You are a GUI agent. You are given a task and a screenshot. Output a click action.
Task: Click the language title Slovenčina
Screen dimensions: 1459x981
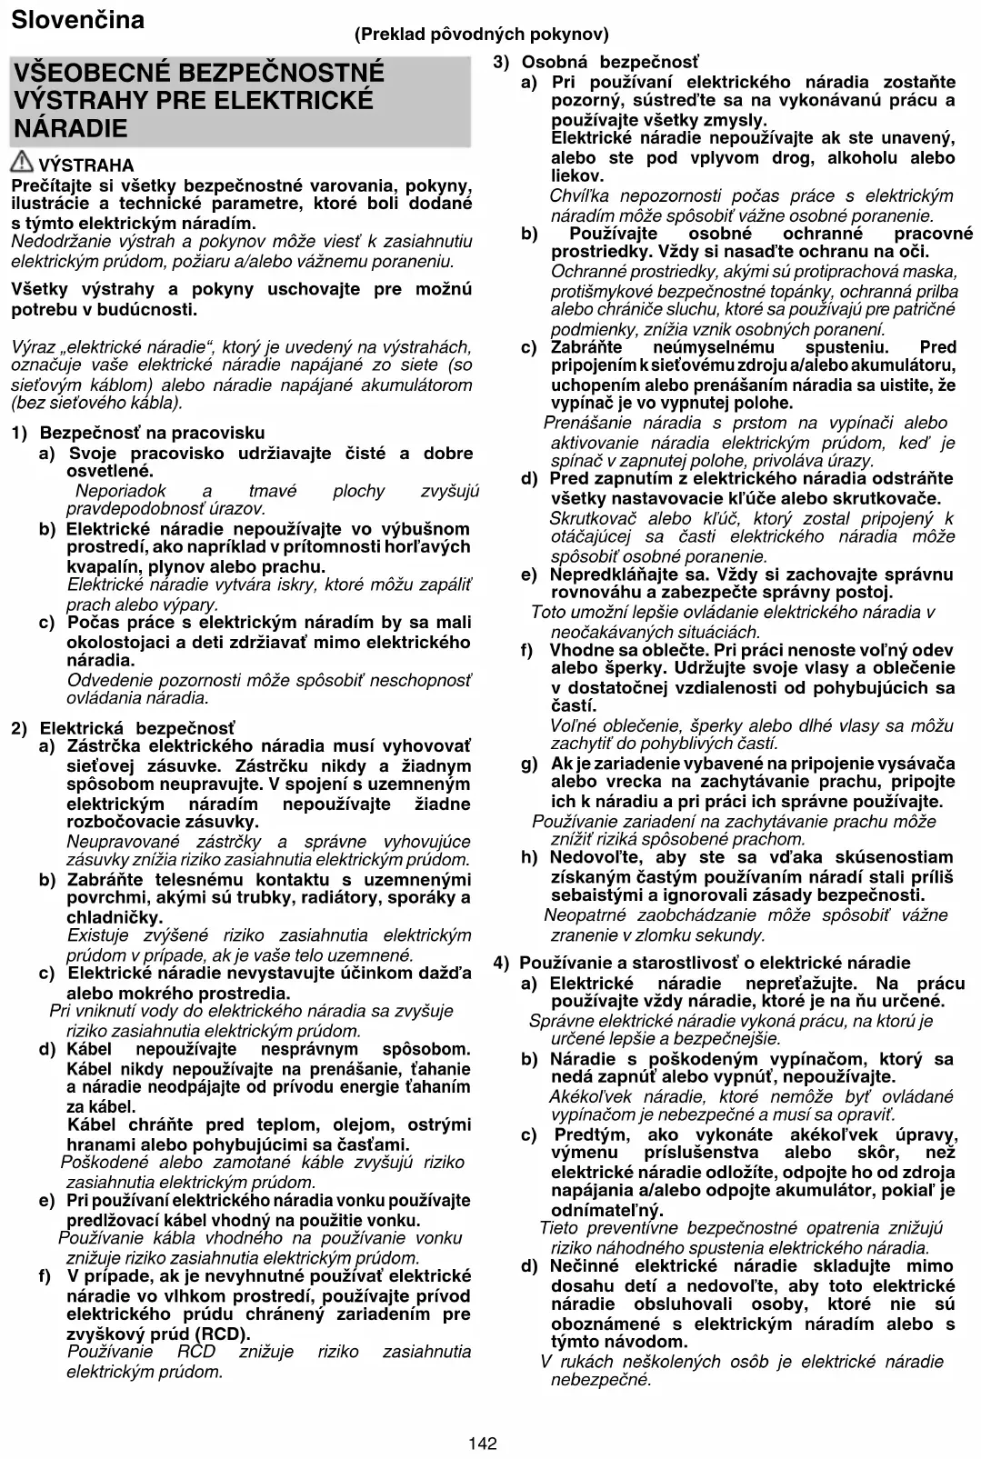[x=77, y=20]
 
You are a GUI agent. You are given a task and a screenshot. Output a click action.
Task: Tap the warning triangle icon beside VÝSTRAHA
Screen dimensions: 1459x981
[x=23, y=164]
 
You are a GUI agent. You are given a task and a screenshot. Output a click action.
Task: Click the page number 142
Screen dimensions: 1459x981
[x=483, y=1443]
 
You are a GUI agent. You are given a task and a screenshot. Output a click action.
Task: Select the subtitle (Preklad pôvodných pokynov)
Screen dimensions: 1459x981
[x=481, y=35]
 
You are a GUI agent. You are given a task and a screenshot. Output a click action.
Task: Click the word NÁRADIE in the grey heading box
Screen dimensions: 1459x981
[x=71, y=128]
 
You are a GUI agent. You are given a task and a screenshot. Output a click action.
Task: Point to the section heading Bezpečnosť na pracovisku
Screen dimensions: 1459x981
[x=152, y=433]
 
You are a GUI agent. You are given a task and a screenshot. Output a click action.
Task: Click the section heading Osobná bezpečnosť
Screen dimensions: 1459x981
[x=610, y=62]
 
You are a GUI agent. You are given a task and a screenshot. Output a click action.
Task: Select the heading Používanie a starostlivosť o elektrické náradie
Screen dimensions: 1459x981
[x=715, y=963]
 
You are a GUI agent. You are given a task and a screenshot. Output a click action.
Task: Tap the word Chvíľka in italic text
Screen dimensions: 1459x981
[x=583, y=195]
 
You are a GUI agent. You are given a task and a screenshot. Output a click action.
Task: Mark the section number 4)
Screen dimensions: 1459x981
[x=502, y=963]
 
